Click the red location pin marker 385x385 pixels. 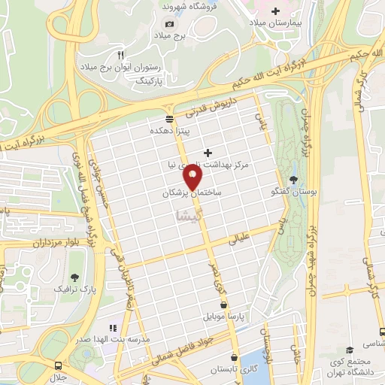(193, 177)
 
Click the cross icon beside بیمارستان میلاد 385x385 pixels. (275, 11)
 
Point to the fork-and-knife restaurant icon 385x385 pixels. (120, 55)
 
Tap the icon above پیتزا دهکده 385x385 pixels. (169, 118)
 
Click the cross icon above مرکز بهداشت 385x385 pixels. (208, 153)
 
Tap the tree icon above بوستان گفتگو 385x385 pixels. (293, 179)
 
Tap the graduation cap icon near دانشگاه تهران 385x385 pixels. (350, 350)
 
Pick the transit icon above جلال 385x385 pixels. (58, 362)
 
